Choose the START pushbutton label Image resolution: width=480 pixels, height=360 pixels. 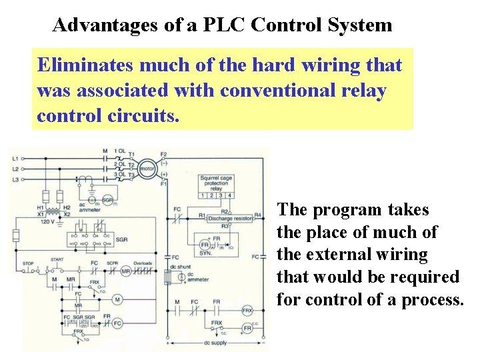(57, 259)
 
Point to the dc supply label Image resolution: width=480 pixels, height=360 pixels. (215, 343)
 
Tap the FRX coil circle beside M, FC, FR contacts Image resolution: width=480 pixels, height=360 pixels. (247, 311)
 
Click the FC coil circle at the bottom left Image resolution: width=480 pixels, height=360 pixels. (117, 323)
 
